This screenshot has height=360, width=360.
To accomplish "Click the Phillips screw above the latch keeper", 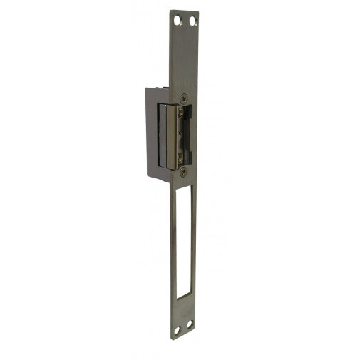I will [x=184, y=98].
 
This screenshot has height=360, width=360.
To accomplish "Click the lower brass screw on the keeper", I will [x=180, y=157].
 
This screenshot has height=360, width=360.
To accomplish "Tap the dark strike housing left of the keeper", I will [x=152, y=132].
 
